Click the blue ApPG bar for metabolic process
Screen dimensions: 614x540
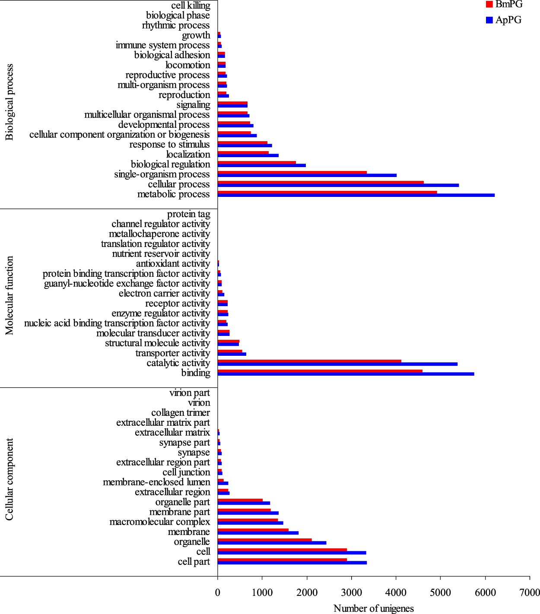coord(356,196)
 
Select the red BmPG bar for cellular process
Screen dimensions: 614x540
coord(321,183)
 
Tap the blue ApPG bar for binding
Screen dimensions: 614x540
coord(346,374)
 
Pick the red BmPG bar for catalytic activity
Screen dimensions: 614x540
coord(309,361)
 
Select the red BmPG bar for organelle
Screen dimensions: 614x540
coord(264,540)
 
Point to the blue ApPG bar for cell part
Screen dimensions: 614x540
coord(292,563)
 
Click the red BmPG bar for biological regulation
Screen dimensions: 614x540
coord(257,163)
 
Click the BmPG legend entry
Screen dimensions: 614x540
coord(504,4)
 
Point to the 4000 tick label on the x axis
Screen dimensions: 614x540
coord(396,592)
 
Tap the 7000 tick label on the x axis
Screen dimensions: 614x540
coord(530,592)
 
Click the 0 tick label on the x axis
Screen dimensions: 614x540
coord(218,592)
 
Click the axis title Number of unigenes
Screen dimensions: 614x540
coord(374,608)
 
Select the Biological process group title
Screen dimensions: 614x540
coord(10,102)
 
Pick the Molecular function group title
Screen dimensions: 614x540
coord(10,295)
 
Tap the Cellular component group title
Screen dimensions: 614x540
coord(10,479)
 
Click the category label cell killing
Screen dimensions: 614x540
coord(191,5)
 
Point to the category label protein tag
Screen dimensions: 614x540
coord(189,214)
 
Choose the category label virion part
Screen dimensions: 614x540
coord(190,393)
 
